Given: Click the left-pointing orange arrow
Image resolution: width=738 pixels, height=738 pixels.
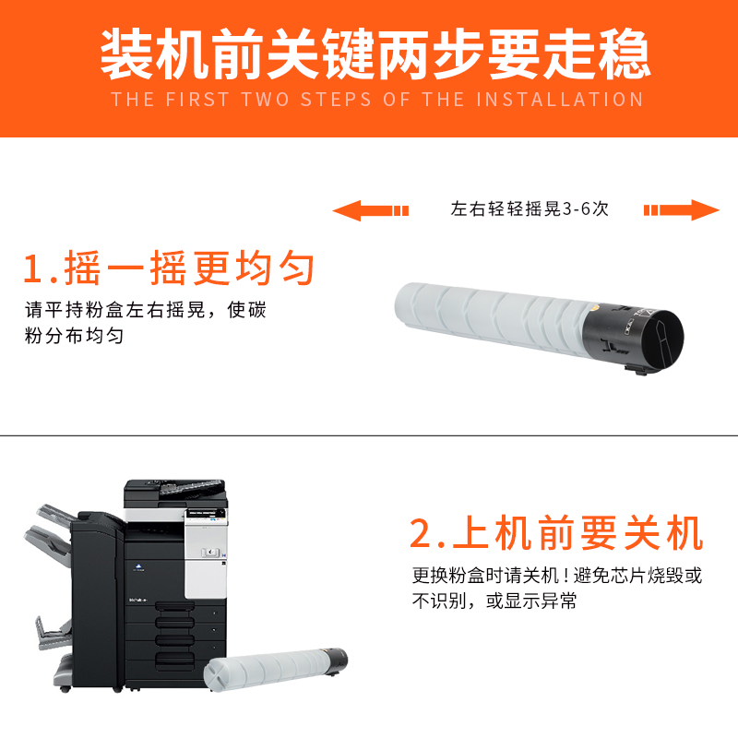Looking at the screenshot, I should (x=369, y=211).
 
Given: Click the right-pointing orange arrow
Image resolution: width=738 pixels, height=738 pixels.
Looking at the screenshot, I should (x=682, y=210).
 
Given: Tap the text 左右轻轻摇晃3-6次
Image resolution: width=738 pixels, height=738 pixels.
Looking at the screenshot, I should (x=530, y=209).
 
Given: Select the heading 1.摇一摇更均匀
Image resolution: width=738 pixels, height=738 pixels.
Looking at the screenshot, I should (x=170, y=268).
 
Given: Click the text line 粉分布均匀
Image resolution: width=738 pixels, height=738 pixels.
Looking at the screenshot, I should (x=75, y=337).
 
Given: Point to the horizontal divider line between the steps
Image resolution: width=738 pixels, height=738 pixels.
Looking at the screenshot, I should (x=369, y=434).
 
